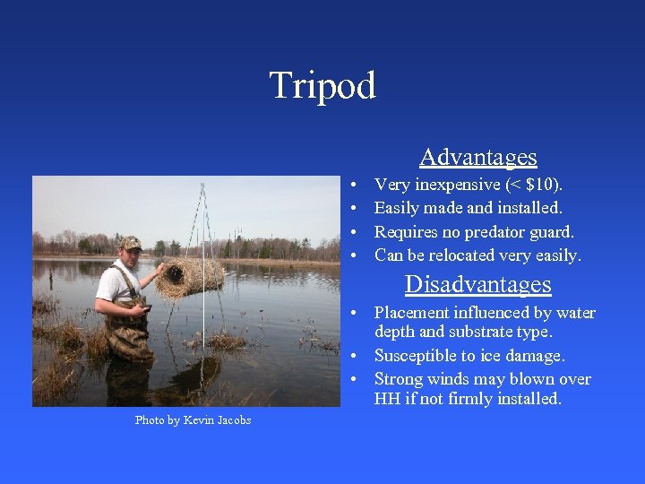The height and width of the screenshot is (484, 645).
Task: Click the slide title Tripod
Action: [322, 86]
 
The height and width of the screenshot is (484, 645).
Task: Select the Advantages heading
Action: [477, 157]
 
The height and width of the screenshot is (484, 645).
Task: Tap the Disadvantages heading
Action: [477, 284]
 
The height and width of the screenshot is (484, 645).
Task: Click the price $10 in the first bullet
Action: [540, 185]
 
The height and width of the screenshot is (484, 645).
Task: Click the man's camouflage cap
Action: [131, 243]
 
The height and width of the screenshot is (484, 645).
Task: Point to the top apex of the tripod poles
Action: [203, 186]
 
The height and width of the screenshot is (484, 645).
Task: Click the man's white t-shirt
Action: [115, 285]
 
